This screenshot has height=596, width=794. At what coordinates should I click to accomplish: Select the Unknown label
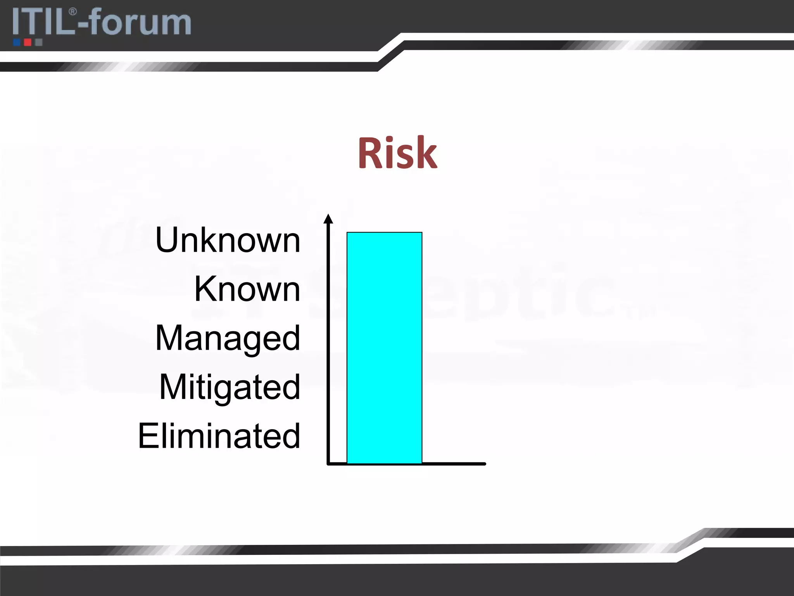coord(228,240)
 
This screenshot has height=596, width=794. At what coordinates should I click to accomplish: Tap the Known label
coord(247,289)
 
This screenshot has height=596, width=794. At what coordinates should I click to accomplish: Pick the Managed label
coord(228,338)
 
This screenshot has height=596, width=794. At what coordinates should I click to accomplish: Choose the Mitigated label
coord(230,387)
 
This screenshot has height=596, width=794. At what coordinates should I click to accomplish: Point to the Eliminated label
coord(219,436)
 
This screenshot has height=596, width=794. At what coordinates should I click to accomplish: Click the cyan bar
coord(384,348)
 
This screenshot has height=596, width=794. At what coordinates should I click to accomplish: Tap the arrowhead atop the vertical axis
coord(328,219)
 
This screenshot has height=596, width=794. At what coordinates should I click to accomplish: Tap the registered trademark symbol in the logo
coord(72,12)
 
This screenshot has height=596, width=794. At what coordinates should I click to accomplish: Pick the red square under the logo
coord(28,42)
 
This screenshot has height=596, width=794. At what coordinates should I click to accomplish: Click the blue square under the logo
coord(17,42)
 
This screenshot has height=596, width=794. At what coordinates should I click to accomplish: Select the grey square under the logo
coord(38,42)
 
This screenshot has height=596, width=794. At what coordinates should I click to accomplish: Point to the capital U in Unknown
coord(167,240)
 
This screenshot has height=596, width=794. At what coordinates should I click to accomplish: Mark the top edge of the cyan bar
coord(384,232)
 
